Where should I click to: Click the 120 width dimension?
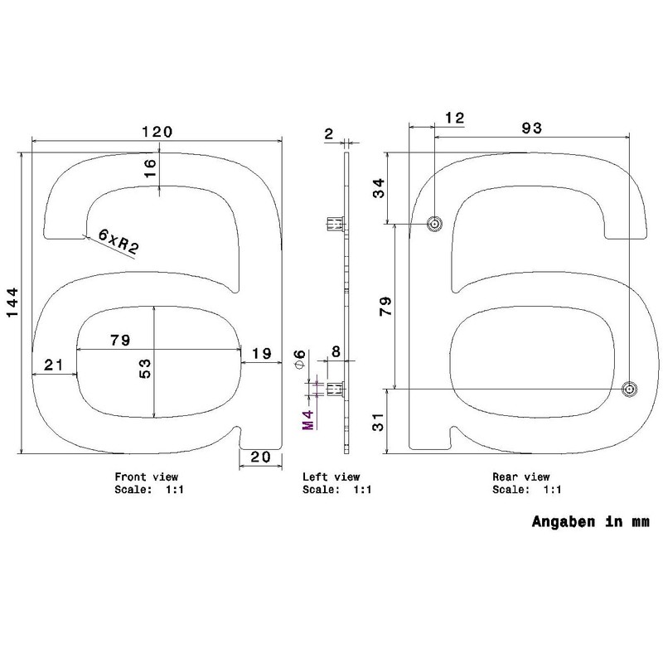156,132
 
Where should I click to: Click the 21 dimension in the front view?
53,365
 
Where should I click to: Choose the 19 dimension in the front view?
261,354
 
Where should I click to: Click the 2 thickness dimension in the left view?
329,133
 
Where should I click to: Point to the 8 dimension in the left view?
336,351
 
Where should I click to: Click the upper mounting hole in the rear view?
433,224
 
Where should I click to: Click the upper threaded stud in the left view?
334,224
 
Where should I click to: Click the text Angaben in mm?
589,523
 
